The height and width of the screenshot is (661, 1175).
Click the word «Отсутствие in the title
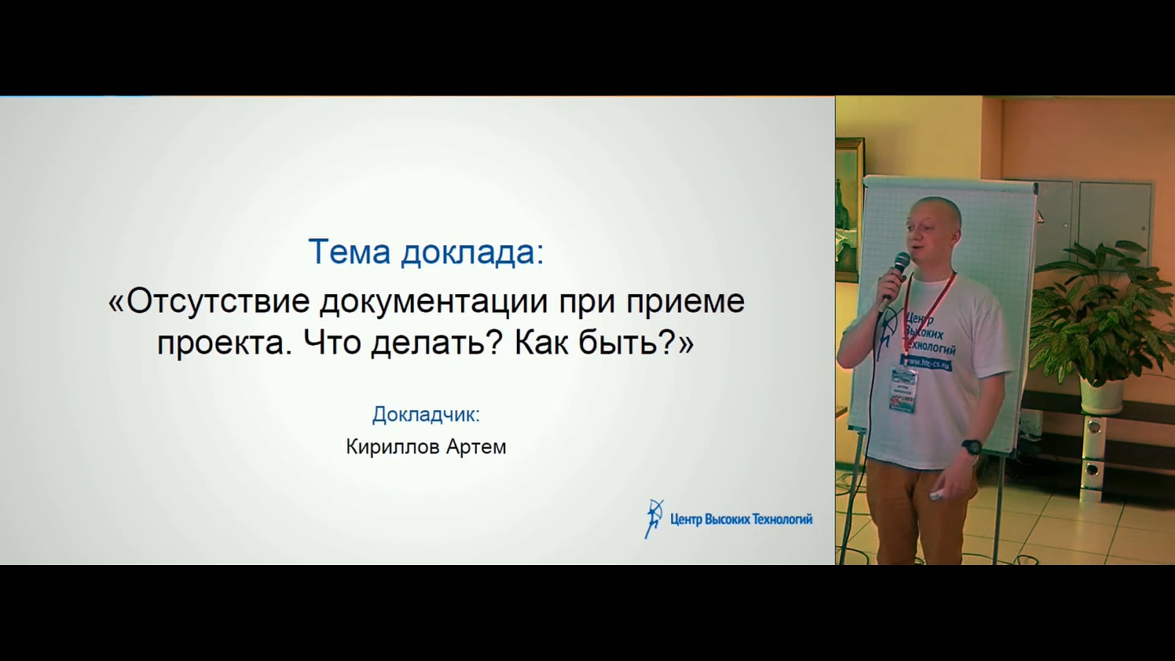point(209,301)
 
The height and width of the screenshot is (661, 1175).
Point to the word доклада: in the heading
point(472,253)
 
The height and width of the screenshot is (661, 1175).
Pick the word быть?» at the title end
point(636,343)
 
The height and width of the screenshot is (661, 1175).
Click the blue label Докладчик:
point(426,415)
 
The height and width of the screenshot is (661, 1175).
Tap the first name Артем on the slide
point(476,447)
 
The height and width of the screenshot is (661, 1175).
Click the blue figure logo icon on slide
point(654,518)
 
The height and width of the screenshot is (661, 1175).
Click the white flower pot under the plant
point(1102,395)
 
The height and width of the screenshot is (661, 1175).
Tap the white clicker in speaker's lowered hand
point(938,495)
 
